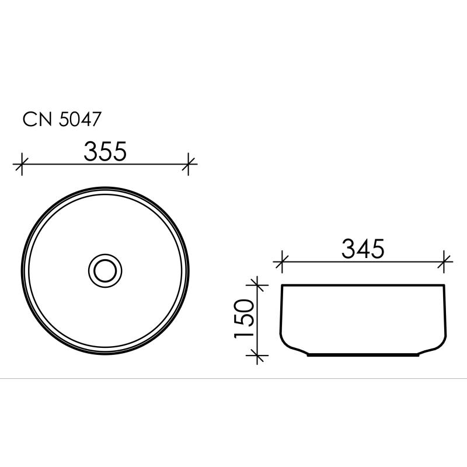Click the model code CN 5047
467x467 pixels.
pos(63,119)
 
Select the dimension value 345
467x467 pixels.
pos(363,250)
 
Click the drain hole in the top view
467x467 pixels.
pos(106,270)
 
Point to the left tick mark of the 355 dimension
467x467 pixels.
pos(22,164)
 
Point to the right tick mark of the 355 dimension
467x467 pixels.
pos(189,164)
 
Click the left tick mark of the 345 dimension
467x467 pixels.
pos(282,262)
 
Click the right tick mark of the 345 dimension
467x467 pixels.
pos(445,262)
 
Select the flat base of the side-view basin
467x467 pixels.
pos(363,354)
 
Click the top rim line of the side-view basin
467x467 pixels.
pos(363,285)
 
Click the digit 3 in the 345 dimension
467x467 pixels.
pos(348,250)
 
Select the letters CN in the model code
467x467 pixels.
pos(36,119)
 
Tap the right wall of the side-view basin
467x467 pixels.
pos(444,312)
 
